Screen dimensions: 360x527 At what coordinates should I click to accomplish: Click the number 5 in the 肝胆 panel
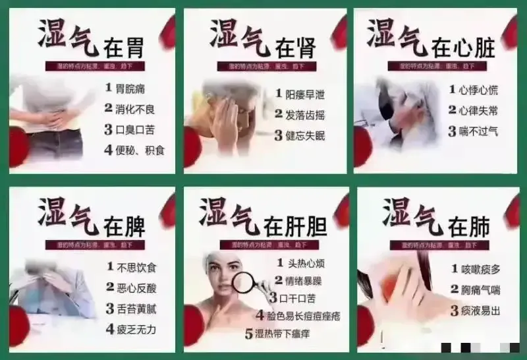pos(249,334)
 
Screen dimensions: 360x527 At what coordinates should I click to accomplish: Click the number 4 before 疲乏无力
pos(110,328)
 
